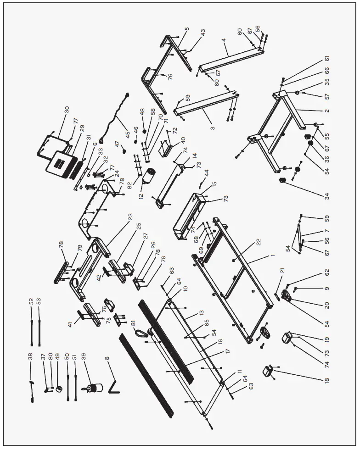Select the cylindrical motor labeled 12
tap(149, 178)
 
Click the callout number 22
tap(259, 242)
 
